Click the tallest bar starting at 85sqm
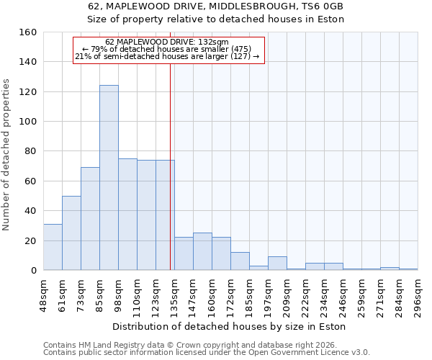click(109, 178)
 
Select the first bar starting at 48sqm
click(53, 247)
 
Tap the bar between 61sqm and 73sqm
click(71, 233)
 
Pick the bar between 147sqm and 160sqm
click(202, 251)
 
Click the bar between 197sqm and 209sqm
click(277, 264)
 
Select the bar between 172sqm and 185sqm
click(240, 261)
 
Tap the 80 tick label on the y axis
click(30, 151)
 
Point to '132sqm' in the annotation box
click(215, 42)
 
